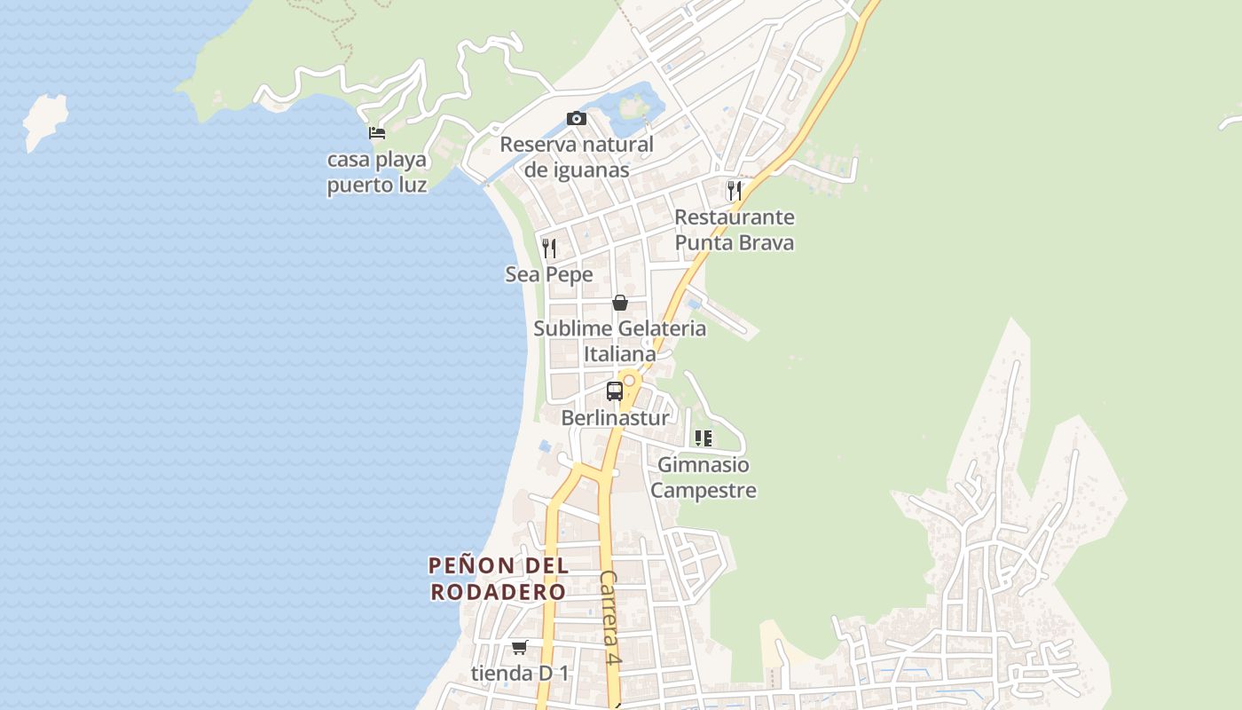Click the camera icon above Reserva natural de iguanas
[576, 119]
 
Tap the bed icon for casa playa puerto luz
[377, 134]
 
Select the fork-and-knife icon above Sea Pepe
[549, 248]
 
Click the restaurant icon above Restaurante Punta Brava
[734, 190]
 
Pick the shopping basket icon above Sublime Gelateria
[620, 303]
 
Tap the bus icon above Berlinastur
[614, 390]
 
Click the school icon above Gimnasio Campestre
[704, 438]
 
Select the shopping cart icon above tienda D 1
[519, 647]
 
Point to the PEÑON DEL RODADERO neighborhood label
[498, 579]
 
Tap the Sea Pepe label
[549, 275]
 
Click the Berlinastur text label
[615, 417]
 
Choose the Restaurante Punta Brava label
[734, 230]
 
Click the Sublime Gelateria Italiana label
[620, 341]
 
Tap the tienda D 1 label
[520, 674]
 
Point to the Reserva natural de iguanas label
[577, 157]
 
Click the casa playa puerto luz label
[377, 172]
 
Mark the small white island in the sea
[46, 122]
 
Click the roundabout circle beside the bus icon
[629, 381]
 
